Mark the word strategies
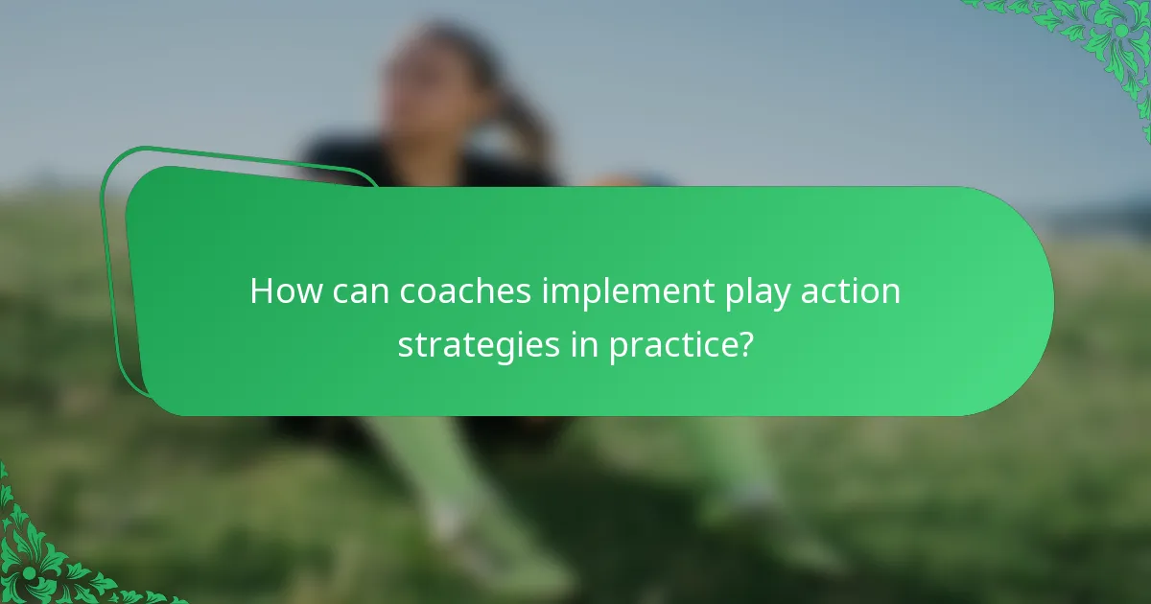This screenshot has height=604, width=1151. click(x=479, y=346)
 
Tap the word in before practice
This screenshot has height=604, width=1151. click(x=584, y=344)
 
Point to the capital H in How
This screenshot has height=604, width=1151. click(x=262, y=291)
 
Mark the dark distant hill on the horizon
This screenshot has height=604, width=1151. click(x=1103, y=216)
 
